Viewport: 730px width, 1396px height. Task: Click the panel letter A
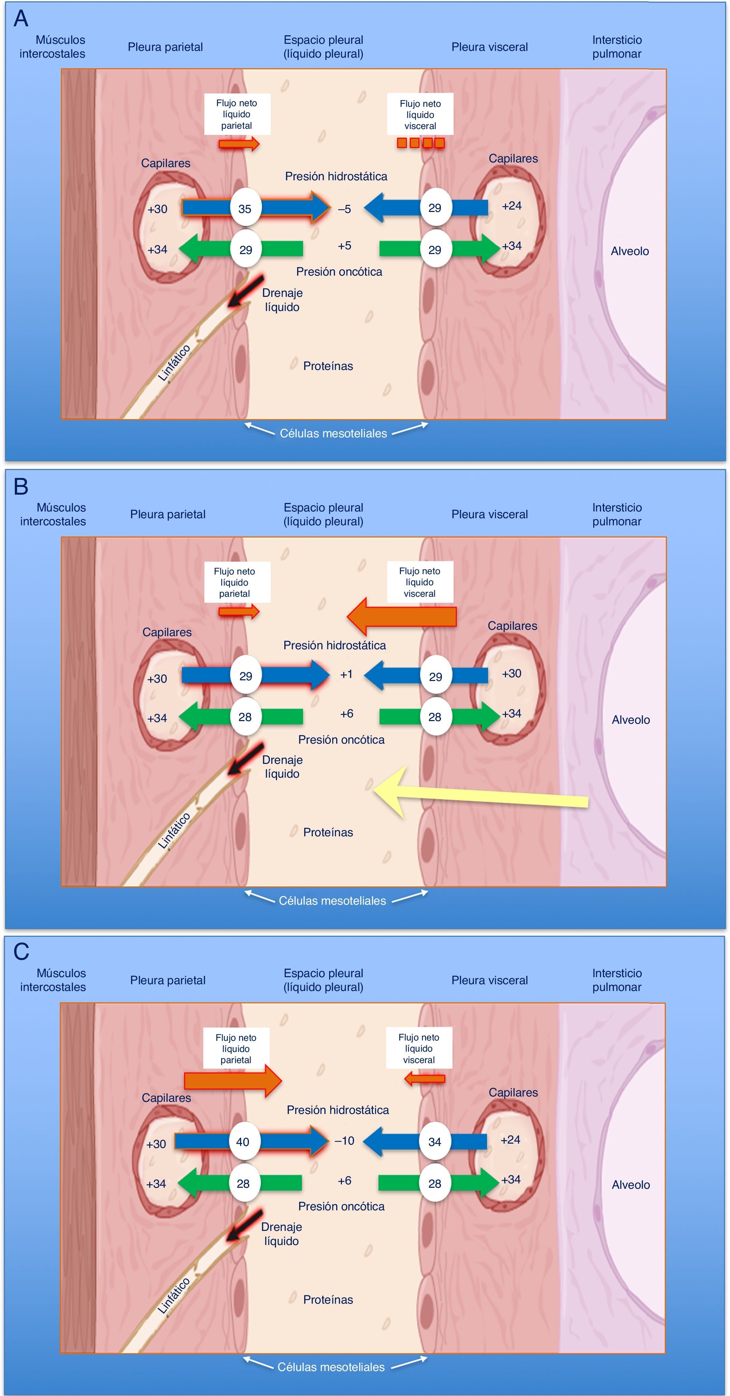pos(21,19)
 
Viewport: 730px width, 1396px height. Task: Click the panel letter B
pos(21,486)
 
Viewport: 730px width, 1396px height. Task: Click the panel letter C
pos(21,952)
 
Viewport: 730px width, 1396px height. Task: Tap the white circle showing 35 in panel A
pos(245,208)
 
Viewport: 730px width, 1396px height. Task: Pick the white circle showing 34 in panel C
pos(435,1142)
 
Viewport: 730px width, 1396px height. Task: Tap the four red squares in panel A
pos(420,143)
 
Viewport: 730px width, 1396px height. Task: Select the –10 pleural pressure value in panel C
pos(344,1141)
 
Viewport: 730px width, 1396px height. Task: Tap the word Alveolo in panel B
pos(631,720)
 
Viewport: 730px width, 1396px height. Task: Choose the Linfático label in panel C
pos(174,1296)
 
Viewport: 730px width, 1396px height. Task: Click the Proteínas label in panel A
pos(328,366)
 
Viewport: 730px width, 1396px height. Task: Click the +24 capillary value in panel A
pos(512,206)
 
